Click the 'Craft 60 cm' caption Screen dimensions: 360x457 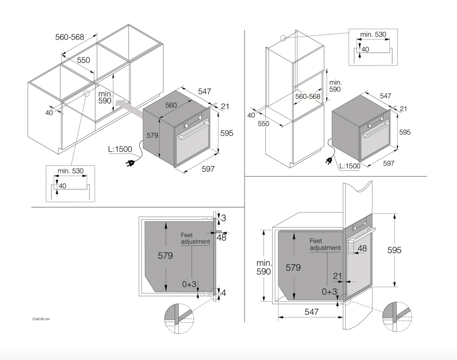[41, 319]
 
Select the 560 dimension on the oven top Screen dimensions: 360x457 [171, 105]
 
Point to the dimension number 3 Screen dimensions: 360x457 [224, 218]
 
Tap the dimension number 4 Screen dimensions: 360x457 [224, 292]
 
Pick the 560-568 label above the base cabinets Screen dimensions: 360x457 [70, 37]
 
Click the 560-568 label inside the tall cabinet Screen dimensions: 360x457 [308, 96]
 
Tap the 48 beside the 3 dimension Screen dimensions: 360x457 [221, 237]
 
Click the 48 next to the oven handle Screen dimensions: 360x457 [362, 248]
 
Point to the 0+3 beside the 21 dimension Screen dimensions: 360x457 [329, 291]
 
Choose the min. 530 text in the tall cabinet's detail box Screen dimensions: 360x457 [373, 35]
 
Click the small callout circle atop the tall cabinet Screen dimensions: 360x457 [283, 38]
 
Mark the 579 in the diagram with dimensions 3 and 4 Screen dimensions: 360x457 [165, 256]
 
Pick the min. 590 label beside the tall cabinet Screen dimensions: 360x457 [335, 86]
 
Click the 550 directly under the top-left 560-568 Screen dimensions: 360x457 [84, 60]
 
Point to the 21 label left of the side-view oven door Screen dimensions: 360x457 [337, 276]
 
